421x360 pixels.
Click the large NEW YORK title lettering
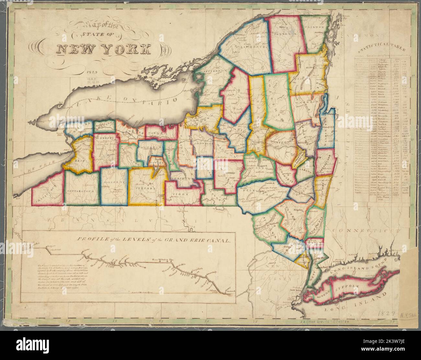click(x=104, y=49)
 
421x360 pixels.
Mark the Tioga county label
click(x=179, y=194)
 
